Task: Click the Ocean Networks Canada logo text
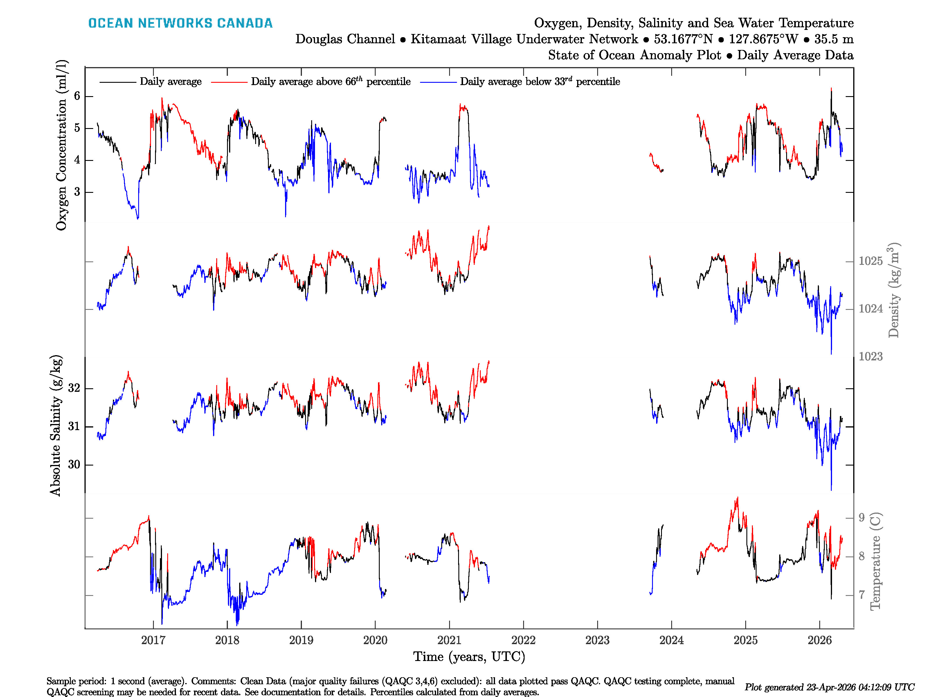point(180,23)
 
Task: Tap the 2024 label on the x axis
point(671,640)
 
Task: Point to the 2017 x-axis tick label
point(153,640)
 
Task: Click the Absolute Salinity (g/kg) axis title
point(55,425)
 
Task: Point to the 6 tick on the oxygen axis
point(77,96)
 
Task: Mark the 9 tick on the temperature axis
point(861,518)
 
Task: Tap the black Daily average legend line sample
point(118,82)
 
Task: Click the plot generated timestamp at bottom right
point(829,687)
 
